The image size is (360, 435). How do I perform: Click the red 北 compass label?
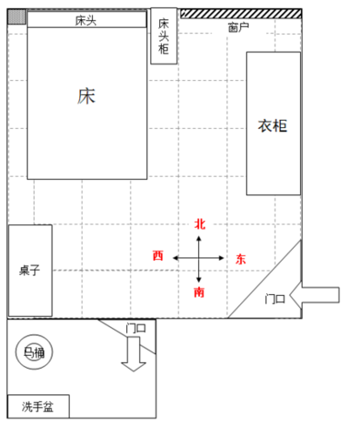click(200, 224)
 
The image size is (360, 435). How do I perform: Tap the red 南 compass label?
click(199, 292)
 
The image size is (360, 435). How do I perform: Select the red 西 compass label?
click(158, 256)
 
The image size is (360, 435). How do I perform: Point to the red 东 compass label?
click(241, 259)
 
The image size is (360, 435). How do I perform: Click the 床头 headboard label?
click(86, 21)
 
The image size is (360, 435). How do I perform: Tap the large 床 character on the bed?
click(86, 97)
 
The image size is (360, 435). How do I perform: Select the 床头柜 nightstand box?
click(163, 36)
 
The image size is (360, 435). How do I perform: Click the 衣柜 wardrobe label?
click(272, 126)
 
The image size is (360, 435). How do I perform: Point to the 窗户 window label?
click(238, 28)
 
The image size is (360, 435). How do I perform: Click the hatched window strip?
click(241, 14)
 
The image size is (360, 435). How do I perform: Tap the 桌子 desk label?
click(30, 271)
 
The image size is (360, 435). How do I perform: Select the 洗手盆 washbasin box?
click(38, 406)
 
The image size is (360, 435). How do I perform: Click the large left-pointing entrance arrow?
click(315, 295)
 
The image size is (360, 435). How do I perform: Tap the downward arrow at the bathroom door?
click(133, 354)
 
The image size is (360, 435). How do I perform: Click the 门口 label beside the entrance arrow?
click(275, 298)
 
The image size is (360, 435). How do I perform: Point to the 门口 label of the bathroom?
click(136, 328)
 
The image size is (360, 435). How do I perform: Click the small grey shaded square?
click(17, 17)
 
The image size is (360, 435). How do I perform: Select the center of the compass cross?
click(199, 258)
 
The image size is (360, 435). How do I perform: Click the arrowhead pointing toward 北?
click(199, 238)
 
